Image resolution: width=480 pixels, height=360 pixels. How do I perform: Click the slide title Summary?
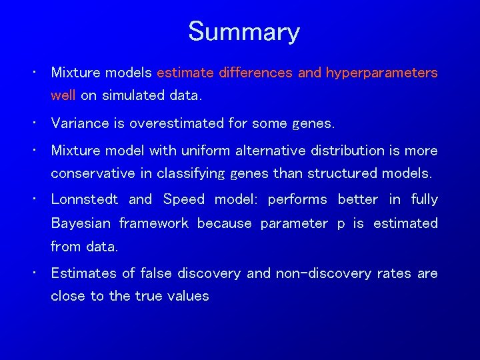[243, 32]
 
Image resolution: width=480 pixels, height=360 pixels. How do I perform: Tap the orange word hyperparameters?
[381, 73]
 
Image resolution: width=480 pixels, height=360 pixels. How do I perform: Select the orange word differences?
[255, 73]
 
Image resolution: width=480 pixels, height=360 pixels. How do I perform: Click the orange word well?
[63, 95]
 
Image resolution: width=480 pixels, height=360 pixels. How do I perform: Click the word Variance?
[77, 123]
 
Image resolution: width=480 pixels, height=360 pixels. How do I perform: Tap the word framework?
[154, 223]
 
